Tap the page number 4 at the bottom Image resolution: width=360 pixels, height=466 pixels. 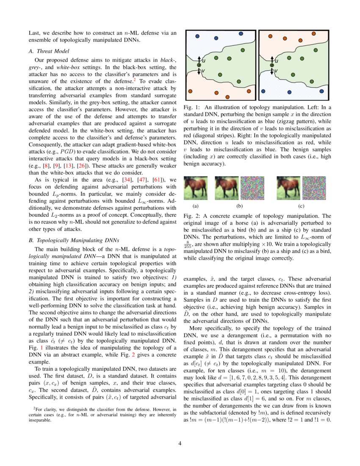(x=180, y=443)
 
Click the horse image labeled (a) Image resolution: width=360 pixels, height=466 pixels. (x=195, y=188)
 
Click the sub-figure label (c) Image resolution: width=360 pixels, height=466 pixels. (x=301, y=206)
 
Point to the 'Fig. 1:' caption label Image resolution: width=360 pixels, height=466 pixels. (x=192, y=108)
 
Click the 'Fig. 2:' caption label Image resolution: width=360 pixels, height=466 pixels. (x=192, y=216)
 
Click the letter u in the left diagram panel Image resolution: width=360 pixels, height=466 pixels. (x=204, y=61)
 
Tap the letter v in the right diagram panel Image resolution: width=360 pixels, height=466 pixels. (x=276, y=71)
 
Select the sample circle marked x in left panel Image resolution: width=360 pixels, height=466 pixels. (x=199, y=65)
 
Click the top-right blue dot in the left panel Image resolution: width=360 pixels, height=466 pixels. (x=240, y=33)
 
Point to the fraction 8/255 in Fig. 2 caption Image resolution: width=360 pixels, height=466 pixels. (x=187, y=244)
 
